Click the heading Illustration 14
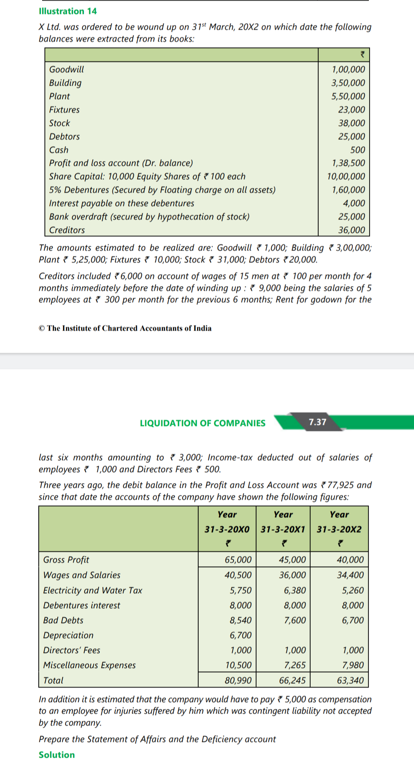[68, 11]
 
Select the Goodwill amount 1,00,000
[348, 69]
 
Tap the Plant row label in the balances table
[59, 96]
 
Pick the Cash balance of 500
[357, 150]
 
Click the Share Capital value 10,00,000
[346, 176]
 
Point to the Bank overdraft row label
[149, 217]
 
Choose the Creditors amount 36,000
[351, 230]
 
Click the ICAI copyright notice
[125, 328]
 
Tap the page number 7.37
[317, 422]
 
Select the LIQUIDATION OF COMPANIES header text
[202, 423]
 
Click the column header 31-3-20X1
[283, 529]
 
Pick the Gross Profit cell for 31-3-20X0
[238, 560]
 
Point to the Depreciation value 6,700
[240, 635]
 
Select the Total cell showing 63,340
[350, 680]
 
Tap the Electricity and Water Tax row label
[92, 590]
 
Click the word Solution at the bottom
[57, 754]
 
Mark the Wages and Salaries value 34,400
[350, 575]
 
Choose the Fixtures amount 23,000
[351, 110]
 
